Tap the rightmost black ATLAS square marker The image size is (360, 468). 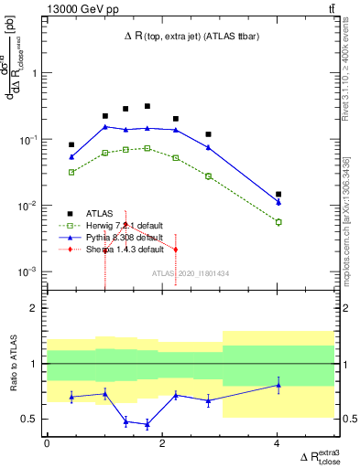pos(278,195)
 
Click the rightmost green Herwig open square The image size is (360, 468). pos(278,222)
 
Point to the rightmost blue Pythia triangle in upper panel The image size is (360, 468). pos(278,202)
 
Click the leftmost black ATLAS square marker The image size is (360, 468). pos(71,144)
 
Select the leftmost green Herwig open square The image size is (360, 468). pos(71,172)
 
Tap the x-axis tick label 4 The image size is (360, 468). pos(278,444)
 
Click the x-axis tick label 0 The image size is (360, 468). pos(47,444)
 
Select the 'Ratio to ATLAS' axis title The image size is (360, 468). pos(13,364)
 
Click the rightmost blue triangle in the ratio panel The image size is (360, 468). pos(278,385)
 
